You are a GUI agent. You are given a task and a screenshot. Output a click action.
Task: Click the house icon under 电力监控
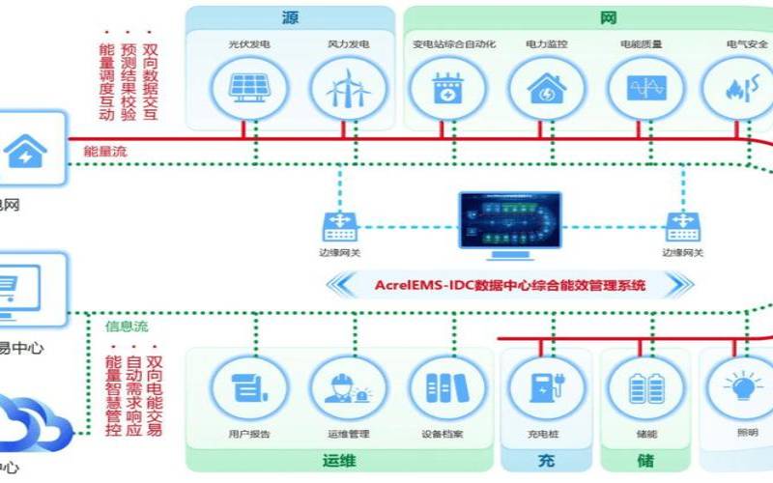point(546,89)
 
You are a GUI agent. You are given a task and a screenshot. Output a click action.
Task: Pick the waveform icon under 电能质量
point(644,89)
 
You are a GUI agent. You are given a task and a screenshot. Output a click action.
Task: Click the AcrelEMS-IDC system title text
point(509,285)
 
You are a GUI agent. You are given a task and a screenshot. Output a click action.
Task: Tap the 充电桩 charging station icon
point(546,386)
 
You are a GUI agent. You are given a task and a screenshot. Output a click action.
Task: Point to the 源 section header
point(290,17)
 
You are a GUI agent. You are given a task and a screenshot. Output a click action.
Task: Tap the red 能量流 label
point(104,151)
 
